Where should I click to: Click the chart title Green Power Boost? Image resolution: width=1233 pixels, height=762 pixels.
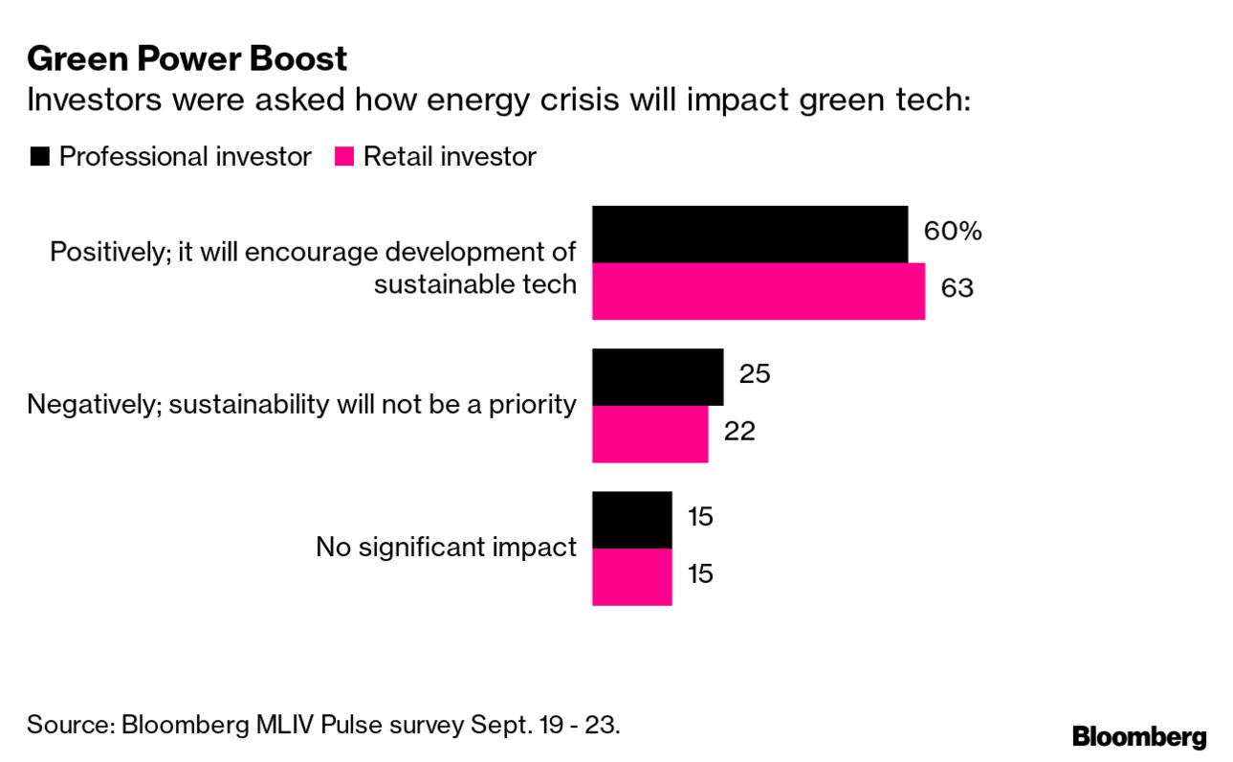point(187,59)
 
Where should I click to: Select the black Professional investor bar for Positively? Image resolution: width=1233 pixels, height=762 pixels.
point(749,235)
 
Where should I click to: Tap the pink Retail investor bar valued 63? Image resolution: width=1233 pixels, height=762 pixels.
point(758,291)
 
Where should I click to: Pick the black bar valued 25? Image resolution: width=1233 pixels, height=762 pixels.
point(657,377)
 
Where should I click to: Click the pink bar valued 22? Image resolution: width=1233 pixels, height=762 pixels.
point(650,434)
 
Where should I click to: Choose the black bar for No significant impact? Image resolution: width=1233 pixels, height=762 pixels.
point(631,520)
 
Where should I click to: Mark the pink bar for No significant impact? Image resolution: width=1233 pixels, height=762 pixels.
point(631,576)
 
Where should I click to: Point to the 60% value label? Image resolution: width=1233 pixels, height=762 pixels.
point(952,231)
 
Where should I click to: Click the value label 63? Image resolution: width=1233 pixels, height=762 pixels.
point(957,287)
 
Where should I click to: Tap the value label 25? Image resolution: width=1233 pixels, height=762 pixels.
point(754,373)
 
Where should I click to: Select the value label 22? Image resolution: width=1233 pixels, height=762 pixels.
point(738,431)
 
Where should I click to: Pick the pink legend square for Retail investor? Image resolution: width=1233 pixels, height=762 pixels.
point(343,157)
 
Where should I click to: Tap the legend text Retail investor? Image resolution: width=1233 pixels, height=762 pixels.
point(449,157)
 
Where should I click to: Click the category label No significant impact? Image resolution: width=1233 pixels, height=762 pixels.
point(446,548)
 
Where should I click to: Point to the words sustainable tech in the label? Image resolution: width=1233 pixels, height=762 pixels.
point(474,283)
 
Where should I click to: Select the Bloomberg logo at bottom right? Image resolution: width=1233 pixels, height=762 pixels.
point(1138,736)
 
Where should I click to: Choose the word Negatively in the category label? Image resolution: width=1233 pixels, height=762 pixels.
point(87,404)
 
